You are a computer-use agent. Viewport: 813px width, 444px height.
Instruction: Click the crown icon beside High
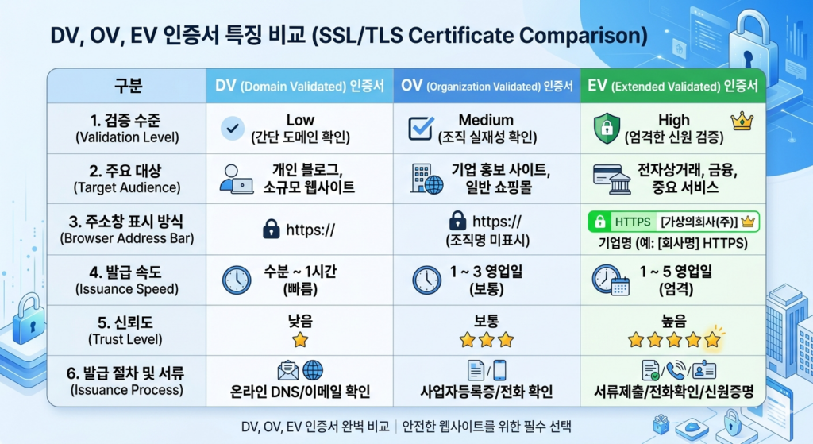pyautogui.click(x=742, y=121)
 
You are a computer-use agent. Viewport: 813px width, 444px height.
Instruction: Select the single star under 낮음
pyautogui.click(x=299, y=340)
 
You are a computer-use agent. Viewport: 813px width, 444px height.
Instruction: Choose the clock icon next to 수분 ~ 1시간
pyautogui.click(x=236, y=280)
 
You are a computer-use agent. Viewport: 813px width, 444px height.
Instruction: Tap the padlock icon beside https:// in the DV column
pyautogui.click(x=271, y=230)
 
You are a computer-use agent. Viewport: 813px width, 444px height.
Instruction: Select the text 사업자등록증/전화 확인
pyautogui.click(x=486, y=391)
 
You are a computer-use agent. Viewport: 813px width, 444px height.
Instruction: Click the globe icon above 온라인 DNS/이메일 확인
pyautogui.click(x=313, y=370)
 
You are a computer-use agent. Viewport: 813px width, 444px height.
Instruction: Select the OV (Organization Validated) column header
pyautogui.click(x=487, y=86)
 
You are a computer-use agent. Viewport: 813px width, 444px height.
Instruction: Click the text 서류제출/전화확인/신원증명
pyautogui.click(x=674, y=391)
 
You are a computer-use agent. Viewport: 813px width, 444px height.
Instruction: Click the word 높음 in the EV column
pyautogui.click(x=674, y=321)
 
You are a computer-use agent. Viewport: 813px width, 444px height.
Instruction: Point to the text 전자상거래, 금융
pyautogui.click(x=674, y=170)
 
